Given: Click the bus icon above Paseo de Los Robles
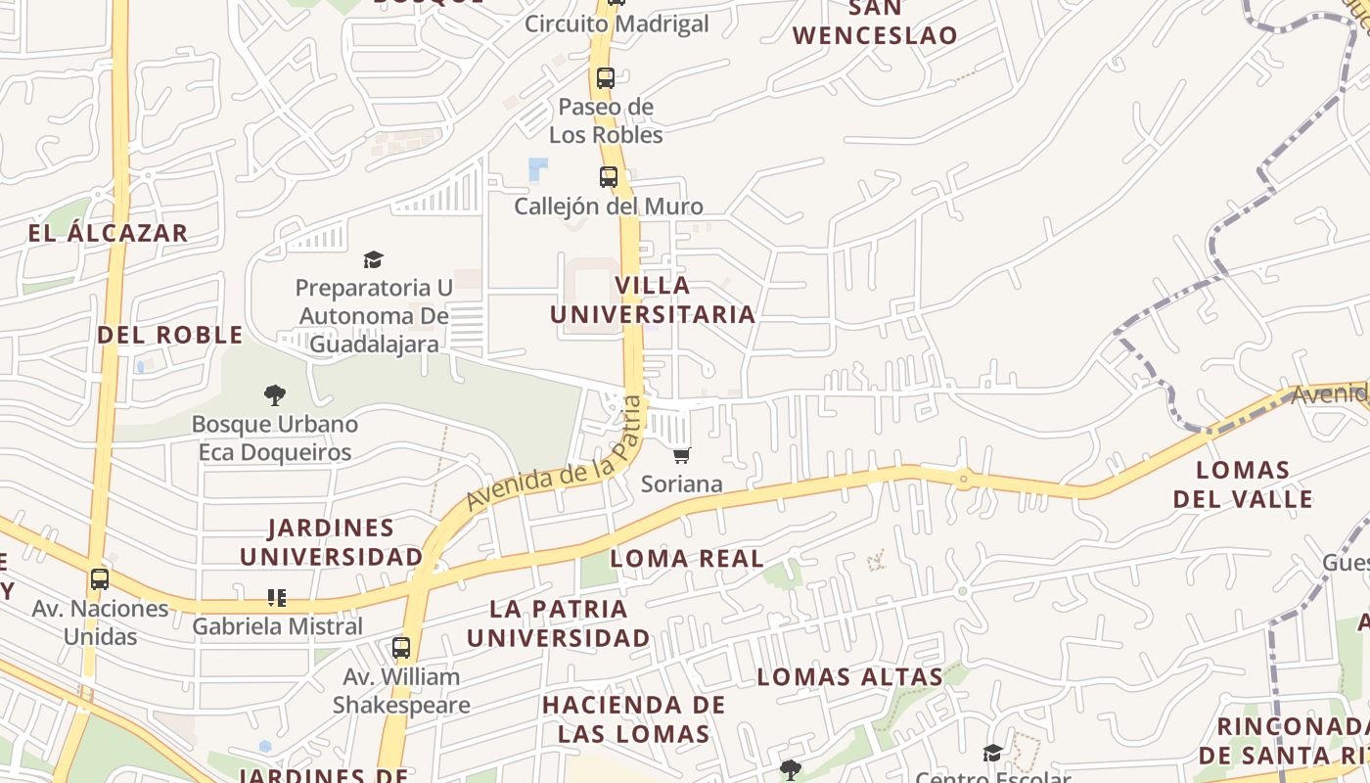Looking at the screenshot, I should click(x=606, y=78).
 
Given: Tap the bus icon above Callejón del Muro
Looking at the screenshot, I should click(x=609, y=178).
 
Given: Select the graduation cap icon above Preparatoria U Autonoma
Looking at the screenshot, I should click(x=373, y=259).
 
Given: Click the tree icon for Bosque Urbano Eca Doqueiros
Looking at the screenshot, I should click(x=275, y=395).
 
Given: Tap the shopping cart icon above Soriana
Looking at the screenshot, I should click(x=682, y=455).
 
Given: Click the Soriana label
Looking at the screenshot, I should click(x=682, y=484).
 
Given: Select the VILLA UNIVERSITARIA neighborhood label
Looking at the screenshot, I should click(x=653, y=299).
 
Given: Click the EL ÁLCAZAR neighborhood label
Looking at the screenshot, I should click(x=108, y=233).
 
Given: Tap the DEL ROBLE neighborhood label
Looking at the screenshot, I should click(x=170, y=335).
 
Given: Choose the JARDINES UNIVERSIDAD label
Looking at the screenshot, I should click(x=332, y=542).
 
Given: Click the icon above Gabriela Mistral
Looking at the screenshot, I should click(x=277, y=597).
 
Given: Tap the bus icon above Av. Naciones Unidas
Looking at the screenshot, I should click(x=100, y=578).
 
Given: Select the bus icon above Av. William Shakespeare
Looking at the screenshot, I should click(x=401, y=647).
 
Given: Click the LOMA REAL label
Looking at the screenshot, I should click(x=687, y=559).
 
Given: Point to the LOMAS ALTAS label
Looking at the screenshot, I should click(x=850, y=676).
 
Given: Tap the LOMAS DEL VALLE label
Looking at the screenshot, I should click(x=1243, y=484).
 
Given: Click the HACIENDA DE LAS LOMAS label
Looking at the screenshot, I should click(x=633, y=719).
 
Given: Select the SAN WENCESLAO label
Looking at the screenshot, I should click(x=875, y=22).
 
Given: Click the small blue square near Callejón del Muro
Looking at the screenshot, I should click(x=538, y=169).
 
